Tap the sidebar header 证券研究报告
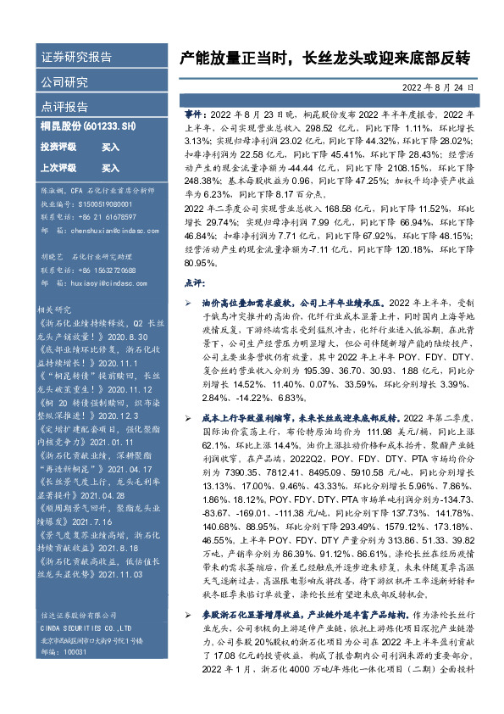pyautogui.click(x=76, y=58)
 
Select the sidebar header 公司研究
pyautogui.click(x=64, y=82)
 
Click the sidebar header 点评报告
pyautogui.click(x=64, y=108)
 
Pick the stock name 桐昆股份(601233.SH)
pyautogui.click(x=88, y=126)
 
